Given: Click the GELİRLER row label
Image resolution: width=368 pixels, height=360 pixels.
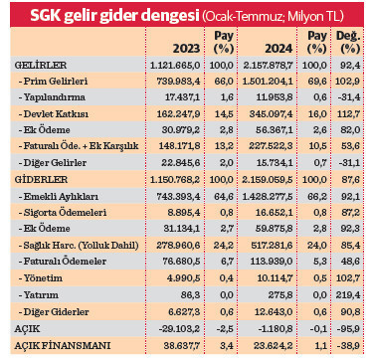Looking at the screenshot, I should [x=34, y=65].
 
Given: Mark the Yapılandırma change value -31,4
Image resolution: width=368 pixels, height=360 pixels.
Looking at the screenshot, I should [x=349, y=97].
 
